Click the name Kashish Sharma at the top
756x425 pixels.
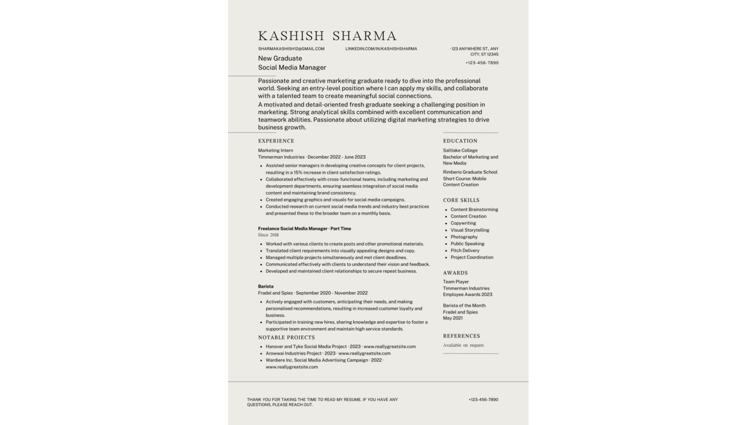click(x=327, y=36)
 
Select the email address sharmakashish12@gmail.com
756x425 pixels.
click(x=291, y=48)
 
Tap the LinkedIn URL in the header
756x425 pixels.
click(x=381, y=48)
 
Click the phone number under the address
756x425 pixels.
click(x=482, y=63)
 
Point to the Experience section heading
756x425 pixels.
click(x=276, y=141)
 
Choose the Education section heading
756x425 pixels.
click(x=460, y=141)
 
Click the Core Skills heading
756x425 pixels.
click(x=461, y=200)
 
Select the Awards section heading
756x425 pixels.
click(x=455, y=273)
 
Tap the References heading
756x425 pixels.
click(x=461, y=336)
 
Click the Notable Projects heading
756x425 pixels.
click(x=286, y=337)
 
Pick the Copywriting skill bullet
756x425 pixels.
click(x=463, y=223)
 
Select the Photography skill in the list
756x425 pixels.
click(x=464, y=237)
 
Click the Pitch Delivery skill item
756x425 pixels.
click(x=465, y=251)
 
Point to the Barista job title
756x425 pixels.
click(x=266, y=286)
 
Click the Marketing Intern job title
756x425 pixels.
click(x=275, y=150)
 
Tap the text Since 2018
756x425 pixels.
click(x=268, y=235)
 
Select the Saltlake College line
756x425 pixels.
click(x=460, y=150)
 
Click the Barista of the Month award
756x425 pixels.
click(x=464, y=305)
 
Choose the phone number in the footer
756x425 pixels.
click(x=483, y=400)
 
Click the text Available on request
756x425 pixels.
click(x=464, y=345)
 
